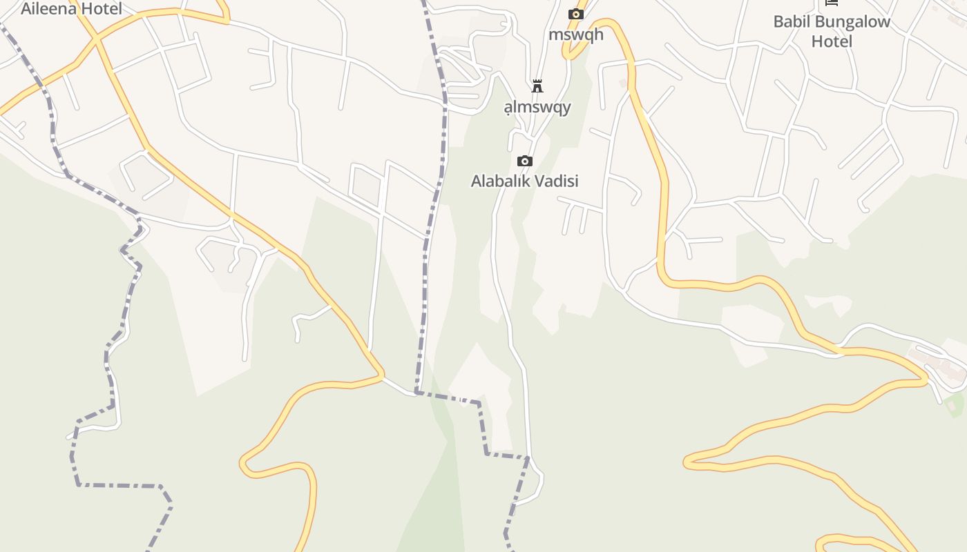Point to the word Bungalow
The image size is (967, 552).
coord(852,21)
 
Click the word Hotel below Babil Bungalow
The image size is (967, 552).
coord(832,41)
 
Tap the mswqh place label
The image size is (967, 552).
coord(575,34)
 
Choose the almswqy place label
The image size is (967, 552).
coord(537,107)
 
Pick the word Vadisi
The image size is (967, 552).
coord(559,181)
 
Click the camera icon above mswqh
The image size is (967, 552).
coord(575,14)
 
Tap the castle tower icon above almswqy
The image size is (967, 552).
coord(537,86)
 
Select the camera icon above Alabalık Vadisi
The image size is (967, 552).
coord(525,161)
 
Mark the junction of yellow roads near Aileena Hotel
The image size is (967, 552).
coord(97,39)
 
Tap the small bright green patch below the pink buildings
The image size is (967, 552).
coord(955,404)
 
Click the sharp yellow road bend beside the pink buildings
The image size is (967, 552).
coord(924,380)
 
